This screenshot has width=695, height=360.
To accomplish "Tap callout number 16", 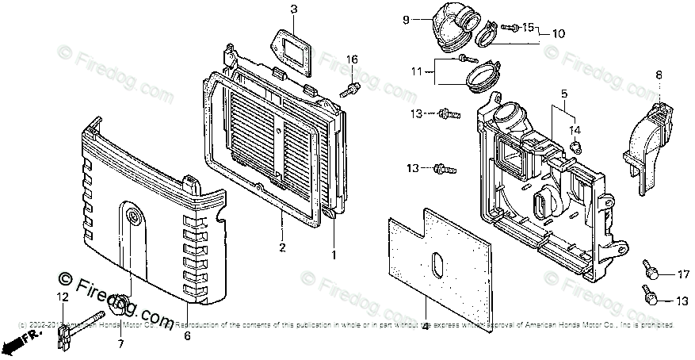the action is click(352, 59).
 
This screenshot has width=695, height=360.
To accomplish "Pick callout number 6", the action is click(187, 335).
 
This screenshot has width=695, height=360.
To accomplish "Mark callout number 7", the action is click(120, 343).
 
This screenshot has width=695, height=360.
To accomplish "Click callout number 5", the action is click(564, 94).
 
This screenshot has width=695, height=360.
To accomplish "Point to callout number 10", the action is click(558, 34).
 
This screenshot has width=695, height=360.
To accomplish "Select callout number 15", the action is click(528, 28).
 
